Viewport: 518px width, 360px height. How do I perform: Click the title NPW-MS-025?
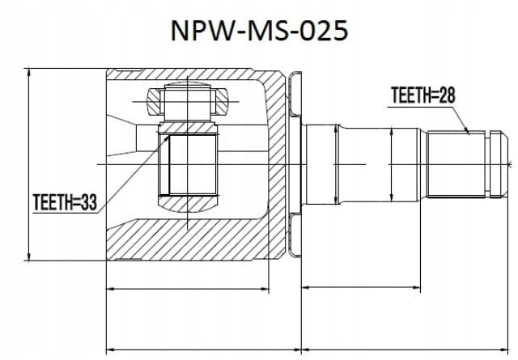(259, 31)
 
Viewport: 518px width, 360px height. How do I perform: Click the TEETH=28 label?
(422, 95)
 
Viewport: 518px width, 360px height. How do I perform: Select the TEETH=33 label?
(65, 202)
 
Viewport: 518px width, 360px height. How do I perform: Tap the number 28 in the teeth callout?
(447, 95)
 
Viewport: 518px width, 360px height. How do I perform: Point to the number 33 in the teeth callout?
(89, 202)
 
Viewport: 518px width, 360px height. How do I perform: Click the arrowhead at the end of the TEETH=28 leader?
(467, 131)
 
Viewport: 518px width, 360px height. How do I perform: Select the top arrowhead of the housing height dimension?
(29, 72)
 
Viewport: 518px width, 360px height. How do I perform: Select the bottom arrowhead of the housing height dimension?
(29, 256)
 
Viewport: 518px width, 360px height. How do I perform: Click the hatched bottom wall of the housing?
(185, 240)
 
